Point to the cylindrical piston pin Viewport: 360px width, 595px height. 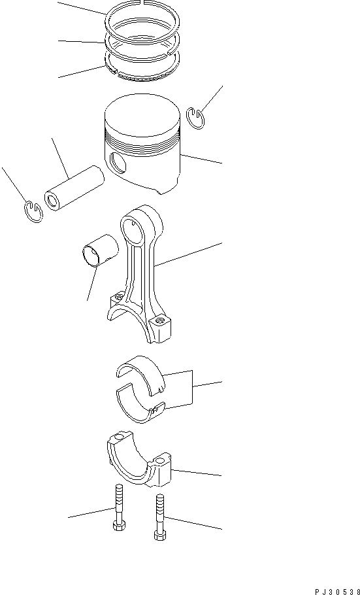click(74, 190)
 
